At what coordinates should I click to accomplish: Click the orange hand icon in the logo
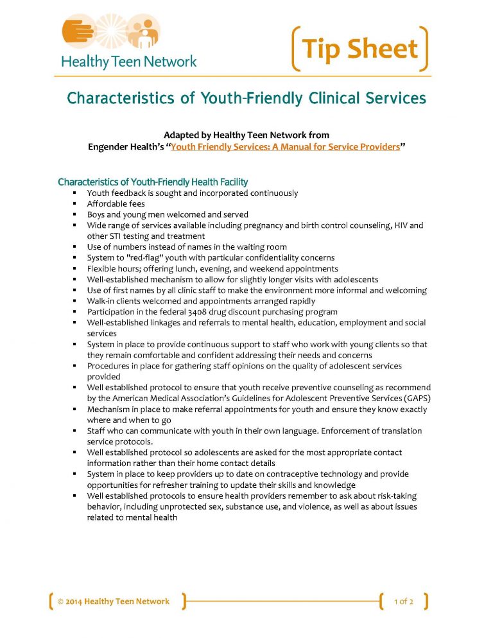click(79, 33)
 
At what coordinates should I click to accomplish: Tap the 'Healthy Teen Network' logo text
click(128, 62)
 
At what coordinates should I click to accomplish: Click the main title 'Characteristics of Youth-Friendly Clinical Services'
click(246, 98)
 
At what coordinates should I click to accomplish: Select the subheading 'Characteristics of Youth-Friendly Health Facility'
click(153, 182)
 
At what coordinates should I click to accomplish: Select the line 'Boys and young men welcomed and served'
click(168, 214)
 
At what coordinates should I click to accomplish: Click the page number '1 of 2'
click(403, 601)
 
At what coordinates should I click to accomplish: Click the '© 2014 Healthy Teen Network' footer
click(114, 601)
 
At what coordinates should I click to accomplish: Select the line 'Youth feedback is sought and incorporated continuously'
click(193, 193)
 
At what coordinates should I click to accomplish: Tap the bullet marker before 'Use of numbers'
click(75, 247)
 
